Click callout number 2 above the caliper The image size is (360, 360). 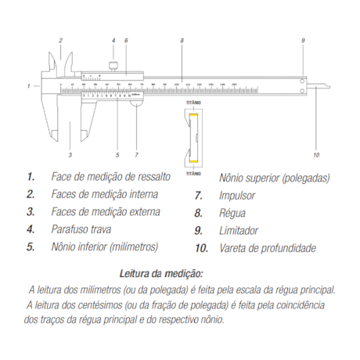(x=60, y=40)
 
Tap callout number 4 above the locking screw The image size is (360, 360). (x=113, y=40)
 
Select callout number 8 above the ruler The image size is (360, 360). (x=181, y=40)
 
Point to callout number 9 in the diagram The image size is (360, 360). (x=303, y=40)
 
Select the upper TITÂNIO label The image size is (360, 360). (x=193, y=103)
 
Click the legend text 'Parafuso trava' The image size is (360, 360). (x=81, y=229)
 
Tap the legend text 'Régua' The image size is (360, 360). (x=232, y=212)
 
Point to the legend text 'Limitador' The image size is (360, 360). (x=239, y=230)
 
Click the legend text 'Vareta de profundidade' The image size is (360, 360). (x=268, y=248)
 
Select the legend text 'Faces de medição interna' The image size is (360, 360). (x=105, y=194)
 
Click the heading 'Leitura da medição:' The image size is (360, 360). (x=161, y=274)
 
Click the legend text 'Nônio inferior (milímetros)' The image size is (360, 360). (x=104, y=247)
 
